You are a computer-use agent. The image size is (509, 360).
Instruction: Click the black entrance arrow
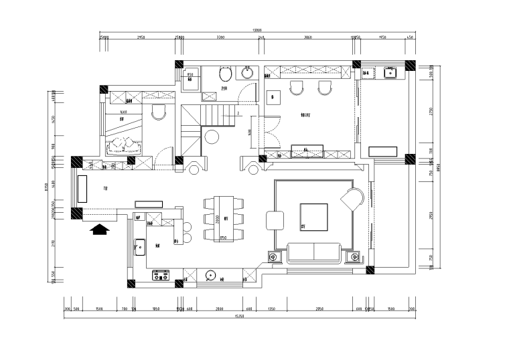(98, 230)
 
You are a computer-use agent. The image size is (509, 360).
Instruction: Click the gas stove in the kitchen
(161, 274)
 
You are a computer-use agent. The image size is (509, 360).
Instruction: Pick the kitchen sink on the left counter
(139, 246)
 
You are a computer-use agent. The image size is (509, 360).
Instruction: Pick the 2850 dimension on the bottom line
(319, 309)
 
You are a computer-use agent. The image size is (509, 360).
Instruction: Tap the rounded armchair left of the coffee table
(275, 220)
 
